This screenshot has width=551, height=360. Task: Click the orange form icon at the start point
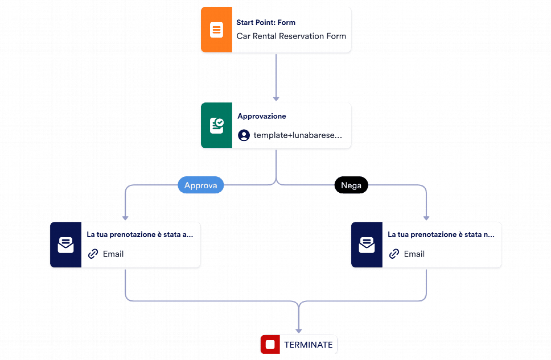(216, 30)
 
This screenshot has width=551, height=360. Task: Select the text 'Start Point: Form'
(266, 23)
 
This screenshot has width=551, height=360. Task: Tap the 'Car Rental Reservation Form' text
(291, 36)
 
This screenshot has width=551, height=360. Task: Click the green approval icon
(216, 125)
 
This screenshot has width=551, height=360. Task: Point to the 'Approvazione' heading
(262, 116)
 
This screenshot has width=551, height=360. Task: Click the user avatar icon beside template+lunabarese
(244, 135)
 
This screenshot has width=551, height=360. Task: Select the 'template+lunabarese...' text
(298, 135)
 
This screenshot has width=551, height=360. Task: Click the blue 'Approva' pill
(201, 185)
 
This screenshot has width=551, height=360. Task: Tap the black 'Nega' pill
(351, 185)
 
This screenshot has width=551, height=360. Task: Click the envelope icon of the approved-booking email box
(65, 245)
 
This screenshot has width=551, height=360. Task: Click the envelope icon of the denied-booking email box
(367, 245)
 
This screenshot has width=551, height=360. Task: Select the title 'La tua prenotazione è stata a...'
(140, 235)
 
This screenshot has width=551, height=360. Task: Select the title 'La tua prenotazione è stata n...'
(441, 235)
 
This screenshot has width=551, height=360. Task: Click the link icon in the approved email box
(93, 254)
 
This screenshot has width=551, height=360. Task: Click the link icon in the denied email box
(394, 254)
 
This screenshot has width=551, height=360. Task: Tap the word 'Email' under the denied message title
(414, 254)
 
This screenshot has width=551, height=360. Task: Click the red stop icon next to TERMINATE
(270, 344)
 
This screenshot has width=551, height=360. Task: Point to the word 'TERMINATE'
(309, 345)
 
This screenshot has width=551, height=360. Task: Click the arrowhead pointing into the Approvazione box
(276, 99)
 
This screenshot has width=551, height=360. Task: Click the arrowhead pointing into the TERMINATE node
(299, 331)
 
